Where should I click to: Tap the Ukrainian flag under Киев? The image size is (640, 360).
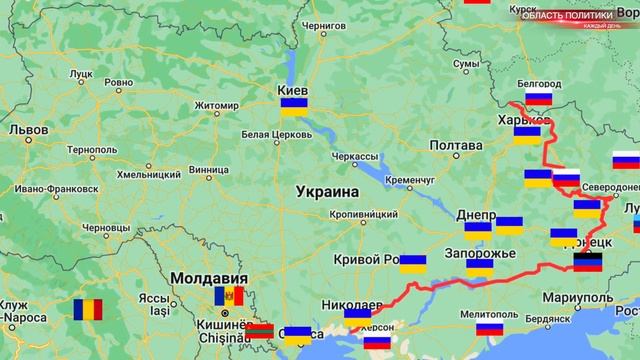pyautogui.click(x=293, y=107)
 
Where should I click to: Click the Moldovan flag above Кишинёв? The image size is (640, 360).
pyautogui.click(x=229, y=296)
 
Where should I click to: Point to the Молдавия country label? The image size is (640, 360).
pyautogui.click(x=208, y=277)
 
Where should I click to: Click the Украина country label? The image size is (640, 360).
pyautogui.click(x=327, y=191)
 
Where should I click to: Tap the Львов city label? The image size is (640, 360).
pyautogui.click(x=28, y=129)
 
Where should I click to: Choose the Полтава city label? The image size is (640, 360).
pyautogui.click(x=455, y=146)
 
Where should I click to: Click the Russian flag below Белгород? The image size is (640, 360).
pyautogui.click(x=539, y=98)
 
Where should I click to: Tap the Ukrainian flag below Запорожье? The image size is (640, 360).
pyautogui.click(x=479, y=267)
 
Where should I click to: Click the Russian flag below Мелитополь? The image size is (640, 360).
pyautogui.click(x=489, y=329)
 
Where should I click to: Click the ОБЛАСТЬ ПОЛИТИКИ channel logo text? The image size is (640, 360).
pyautogui.click(x=575, y=12)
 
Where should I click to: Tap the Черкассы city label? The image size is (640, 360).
pyautogui.click(x=355, y=157)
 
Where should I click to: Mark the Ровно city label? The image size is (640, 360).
pyautogui.click(x=118, y=83)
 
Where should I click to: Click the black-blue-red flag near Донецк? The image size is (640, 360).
pyautogui.click(x=588, y=263)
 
